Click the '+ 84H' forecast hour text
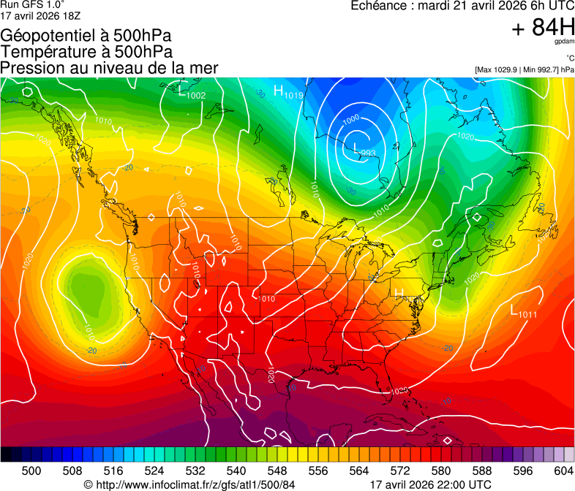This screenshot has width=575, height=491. pos(543,28)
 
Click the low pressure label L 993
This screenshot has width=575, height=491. pos(364,150)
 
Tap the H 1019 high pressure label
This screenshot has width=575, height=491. pos(288,92)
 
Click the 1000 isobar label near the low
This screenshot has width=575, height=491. pos(351,119)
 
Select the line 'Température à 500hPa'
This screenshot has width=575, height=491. pos(86,52)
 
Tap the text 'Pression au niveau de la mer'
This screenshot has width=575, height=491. pos(109,68)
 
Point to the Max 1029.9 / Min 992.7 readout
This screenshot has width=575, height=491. pos(524,70)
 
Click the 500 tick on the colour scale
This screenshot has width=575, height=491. pos(31,471)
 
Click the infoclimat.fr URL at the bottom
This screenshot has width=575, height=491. pos(189,484)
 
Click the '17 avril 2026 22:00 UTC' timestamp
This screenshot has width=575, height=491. pos(431,484)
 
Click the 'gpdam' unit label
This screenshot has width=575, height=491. pos(563,42)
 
